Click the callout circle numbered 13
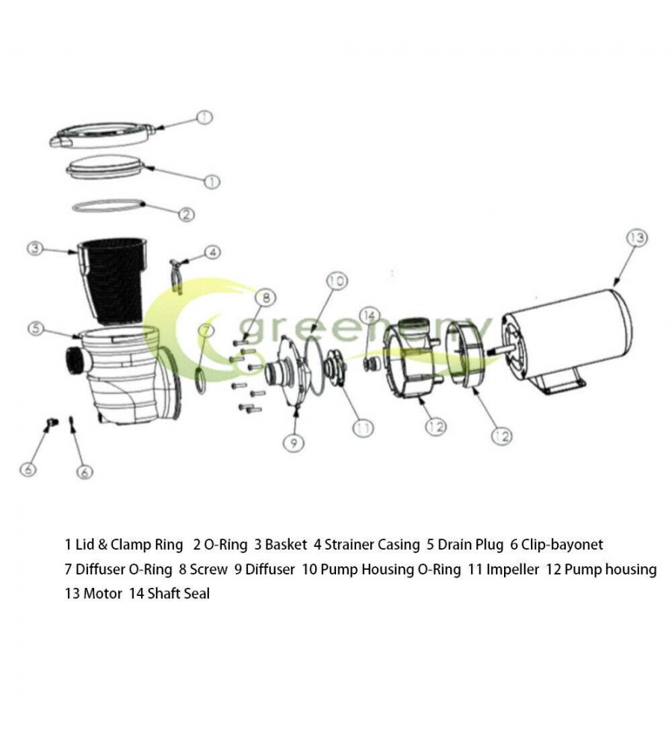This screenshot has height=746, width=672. pos(636,239)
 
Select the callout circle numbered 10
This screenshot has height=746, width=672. pos(337,281)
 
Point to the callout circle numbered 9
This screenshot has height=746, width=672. pos(293,443)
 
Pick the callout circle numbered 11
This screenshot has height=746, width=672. pos(363,428)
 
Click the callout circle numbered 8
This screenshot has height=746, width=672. pos(264,298)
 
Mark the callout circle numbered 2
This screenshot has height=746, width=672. pos(186,215)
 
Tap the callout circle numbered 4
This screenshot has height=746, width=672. pos(213,253)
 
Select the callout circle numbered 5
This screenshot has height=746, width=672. pos(35,327)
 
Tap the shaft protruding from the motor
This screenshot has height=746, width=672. pos(499,349)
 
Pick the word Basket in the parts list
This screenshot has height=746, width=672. pos(286,545)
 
